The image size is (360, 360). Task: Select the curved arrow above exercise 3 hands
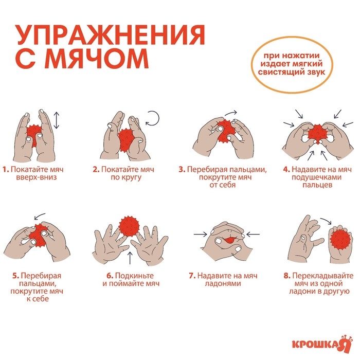coord(231,112)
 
